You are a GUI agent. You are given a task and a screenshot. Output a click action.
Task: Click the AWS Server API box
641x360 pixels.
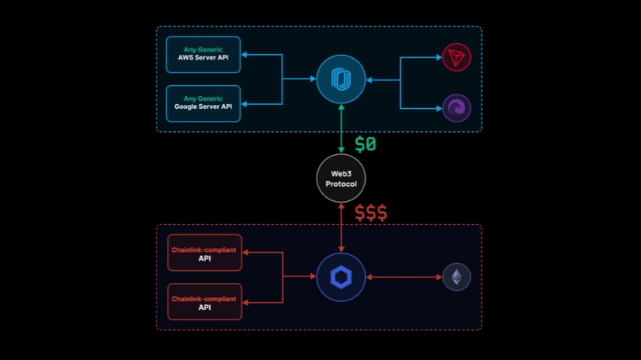click(203, 54)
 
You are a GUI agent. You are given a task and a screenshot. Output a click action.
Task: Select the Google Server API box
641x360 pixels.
click(203, 103)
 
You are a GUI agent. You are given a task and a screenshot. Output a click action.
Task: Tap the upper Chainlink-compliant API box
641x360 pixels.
click(204, 254)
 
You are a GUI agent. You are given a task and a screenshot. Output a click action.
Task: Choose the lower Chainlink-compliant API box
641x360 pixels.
click(204, 301)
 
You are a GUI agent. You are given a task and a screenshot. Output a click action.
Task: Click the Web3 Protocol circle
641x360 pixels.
click(341, 178)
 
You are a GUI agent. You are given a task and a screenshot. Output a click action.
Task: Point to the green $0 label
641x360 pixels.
click(365, 145)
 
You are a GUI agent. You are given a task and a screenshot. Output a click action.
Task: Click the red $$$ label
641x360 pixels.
click(371, 213)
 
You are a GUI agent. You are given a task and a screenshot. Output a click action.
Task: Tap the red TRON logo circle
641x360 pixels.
click(456, 57)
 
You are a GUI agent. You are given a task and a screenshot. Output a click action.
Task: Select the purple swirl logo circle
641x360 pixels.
click(456, 108)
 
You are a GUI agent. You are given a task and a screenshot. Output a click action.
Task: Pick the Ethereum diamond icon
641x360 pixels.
click(456, 277)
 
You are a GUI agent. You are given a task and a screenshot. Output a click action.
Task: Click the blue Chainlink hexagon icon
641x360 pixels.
click(341, 277)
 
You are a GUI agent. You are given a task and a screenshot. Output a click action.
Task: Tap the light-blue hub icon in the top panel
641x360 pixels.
click(341, 79)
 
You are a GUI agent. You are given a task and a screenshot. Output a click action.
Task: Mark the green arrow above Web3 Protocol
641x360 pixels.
click(341, 129)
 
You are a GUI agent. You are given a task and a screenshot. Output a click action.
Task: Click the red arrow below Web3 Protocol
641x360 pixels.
click(341, 228)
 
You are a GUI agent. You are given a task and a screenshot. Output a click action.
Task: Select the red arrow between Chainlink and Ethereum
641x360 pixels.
click(403, 277)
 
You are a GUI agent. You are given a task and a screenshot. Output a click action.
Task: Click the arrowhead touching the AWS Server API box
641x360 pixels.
click(246, 55)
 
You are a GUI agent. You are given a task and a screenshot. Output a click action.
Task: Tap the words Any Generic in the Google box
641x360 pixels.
click(203, 99)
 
